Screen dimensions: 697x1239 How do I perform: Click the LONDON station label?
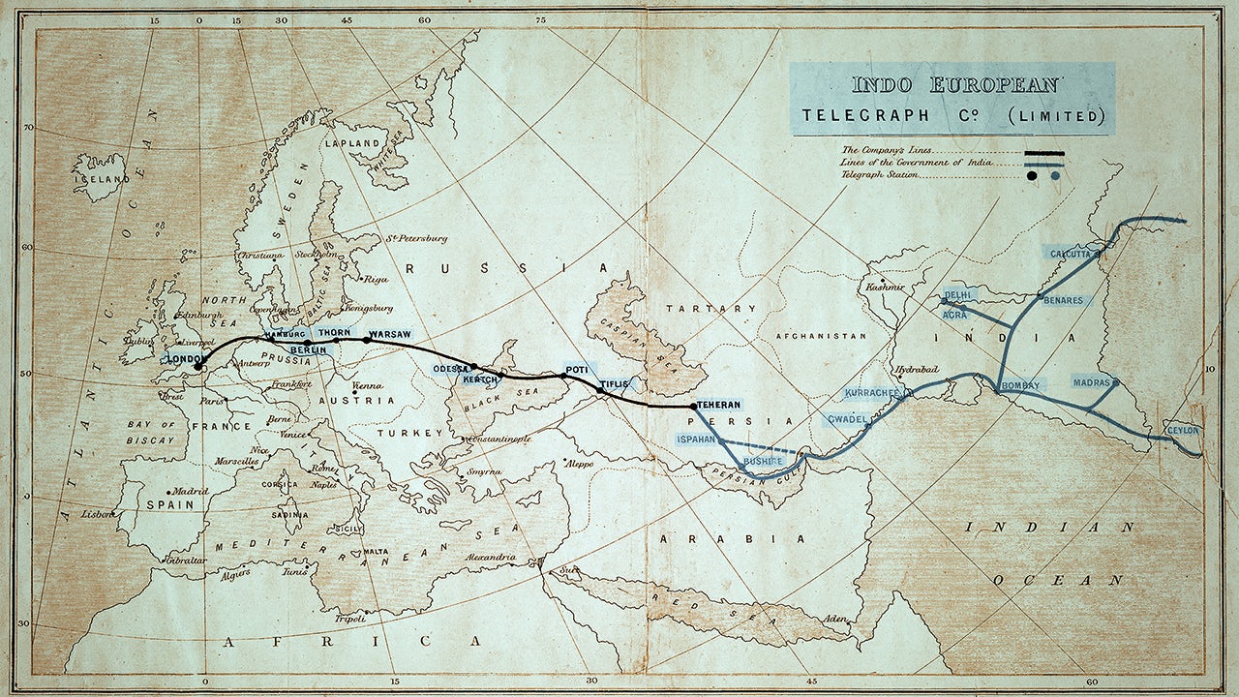point(182,359)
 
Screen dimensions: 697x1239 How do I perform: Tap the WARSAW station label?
point(389,334)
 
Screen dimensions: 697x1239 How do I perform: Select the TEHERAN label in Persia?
point(719,404)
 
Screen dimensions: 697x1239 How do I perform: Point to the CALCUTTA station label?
point(1070,253)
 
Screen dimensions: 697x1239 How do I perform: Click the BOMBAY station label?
point(1021,385)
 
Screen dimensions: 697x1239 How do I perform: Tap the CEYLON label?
point(1183,430)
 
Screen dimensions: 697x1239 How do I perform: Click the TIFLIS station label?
point(614,384)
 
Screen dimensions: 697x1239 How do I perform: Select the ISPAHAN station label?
point(696,439)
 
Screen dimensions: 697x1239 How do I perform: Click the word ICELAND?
point(101,179)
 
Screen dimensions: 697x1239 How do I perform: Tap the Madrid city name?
point(192,491)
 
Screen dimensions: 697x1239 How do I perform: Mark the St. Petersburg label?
point(416,238)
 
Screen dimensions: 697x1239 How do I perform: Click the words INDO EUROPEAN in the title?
point(954,85)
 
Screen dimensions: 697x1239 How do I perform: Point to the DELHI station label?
point(961,294)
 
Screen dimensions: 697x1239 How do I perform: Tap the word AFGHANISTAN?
point(821,336)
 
